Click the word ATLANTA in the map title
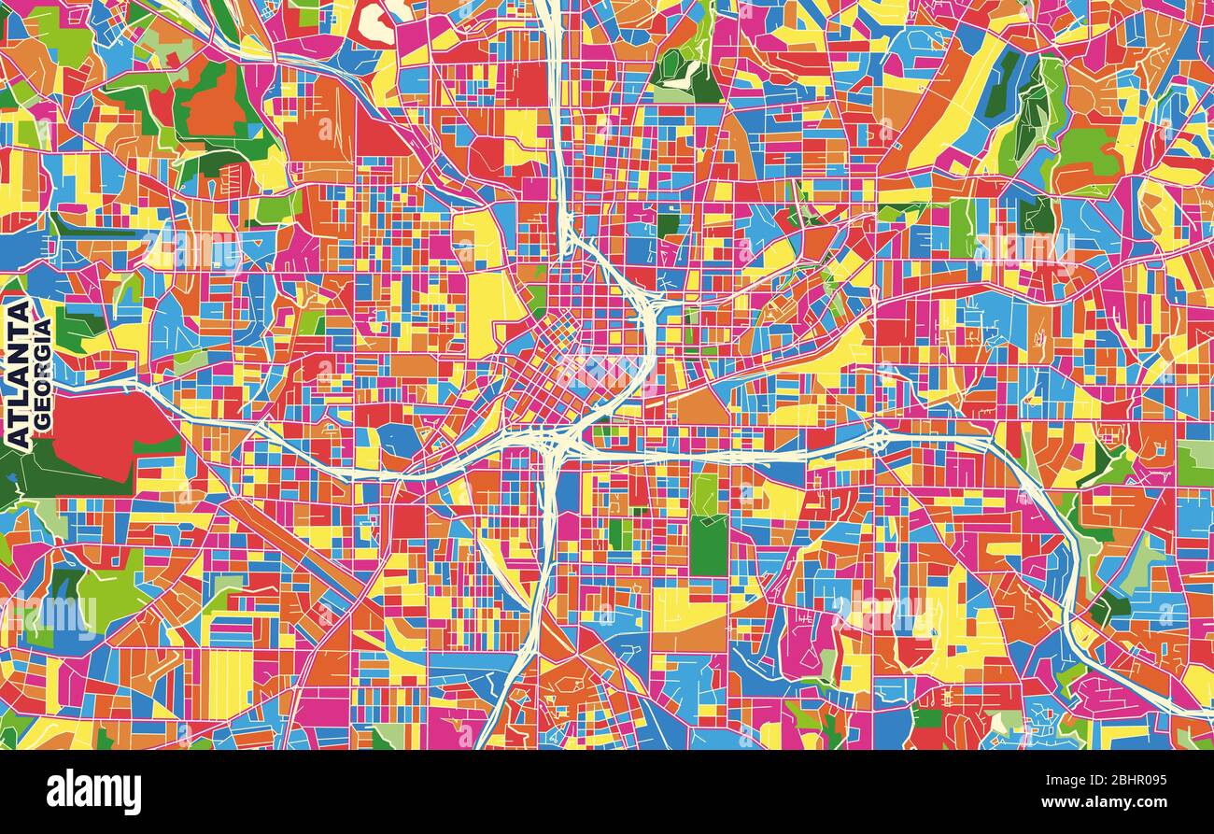pos(18,372)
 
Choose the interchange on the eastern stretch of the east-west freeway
pos(880,436)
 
